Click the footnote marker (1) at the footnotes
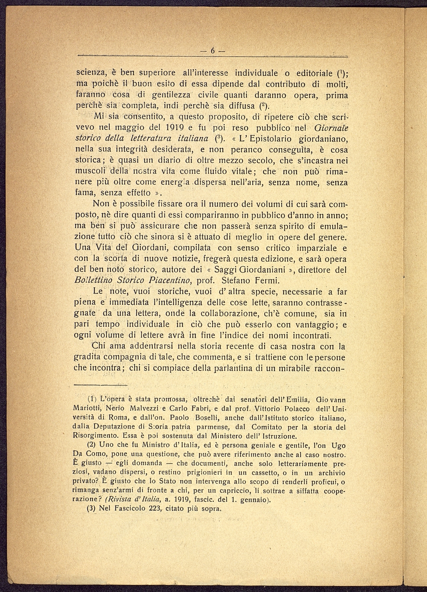pyautogui.click(x=92, y=399)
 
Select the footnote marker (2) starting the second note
pyautogui.click(x=92, y=445)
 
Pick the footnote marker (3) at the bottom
pyautogui.click(x=92, y=509)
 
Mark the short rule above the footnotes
pyautogui.click(x=101, y=385)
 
